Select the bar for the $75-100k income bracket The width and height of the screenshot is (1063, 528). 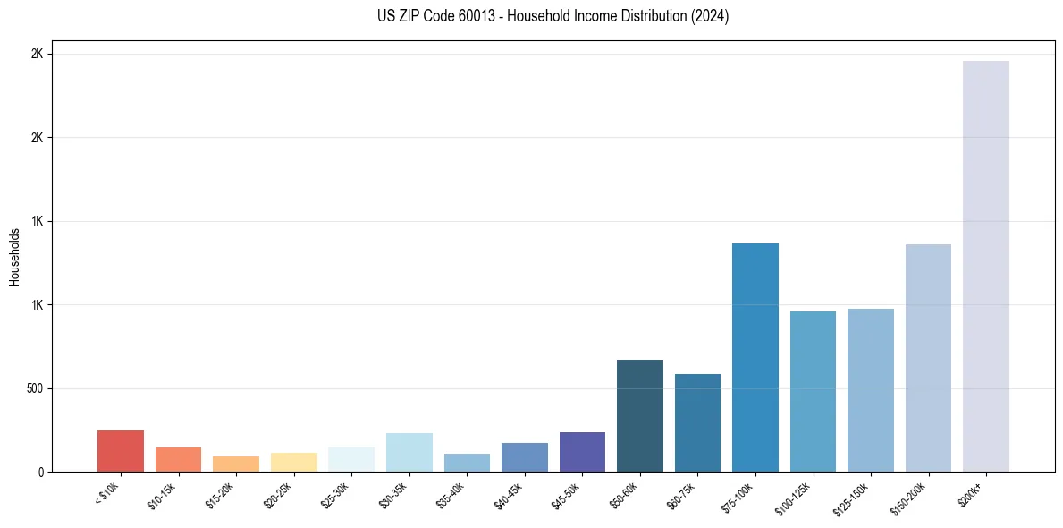(755, 357)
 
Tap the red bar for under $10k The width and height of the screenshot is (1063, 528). (121, 451)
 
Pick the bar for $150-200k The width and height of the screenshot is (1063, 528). (928, 358)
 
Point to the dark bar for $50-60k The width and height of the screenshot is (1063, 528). (639, 415)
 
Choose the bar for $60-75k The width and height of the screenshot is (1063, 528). (697, 422)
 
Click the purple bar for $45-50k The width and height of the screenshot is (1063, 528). (582, 452)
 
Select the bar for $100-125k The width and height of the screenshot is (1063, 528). (813, 391)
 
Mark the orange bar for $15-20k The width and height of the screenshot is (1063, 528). (236, 464)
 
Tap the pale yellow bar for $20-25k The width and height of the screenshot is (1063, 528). (293, 462)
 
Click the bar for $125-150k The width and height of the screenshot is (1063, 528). (870, 390)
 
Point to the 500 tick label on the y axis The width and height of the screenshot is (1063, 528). (35, 388)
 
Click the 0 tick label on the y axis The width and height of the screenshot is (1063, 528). (40, 472)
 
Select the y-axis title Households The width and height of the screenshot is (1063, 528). (14, 257)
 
